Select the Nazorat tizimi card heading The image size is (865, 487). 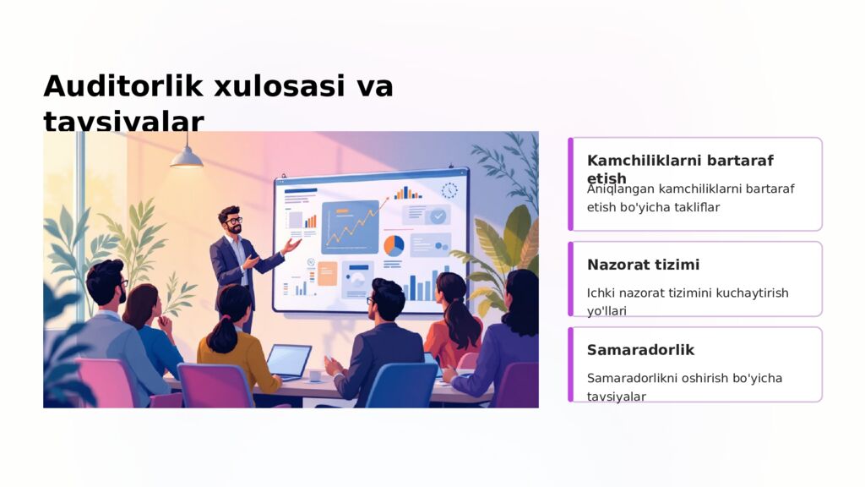tap(643, 265)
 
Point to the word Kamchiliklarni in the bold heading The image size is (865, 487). tap(645, 160)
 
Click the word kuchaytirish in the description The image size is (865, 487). tap(752, 293)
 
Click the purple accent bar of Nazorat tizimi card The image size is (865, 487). tap(571, 279)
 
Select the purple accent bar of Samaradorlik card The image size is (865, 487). tap(571, 364)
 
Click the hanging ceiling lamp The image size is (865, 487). tap(187, 156)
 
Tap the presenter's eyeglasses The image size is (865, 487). tap(233, 221)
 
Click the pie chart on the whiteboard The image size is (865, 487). tap(394, 245)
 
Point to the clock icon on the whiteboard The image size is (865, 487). tap(449, 191)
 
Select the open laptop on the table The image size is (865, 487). tap(288, 361)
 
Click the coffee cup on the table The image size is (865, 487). tap(314, 375)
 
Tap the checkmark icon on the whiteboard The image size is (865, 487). tap(438, 216)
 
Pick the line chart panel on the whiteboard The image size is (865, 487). tap(350, 226)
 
